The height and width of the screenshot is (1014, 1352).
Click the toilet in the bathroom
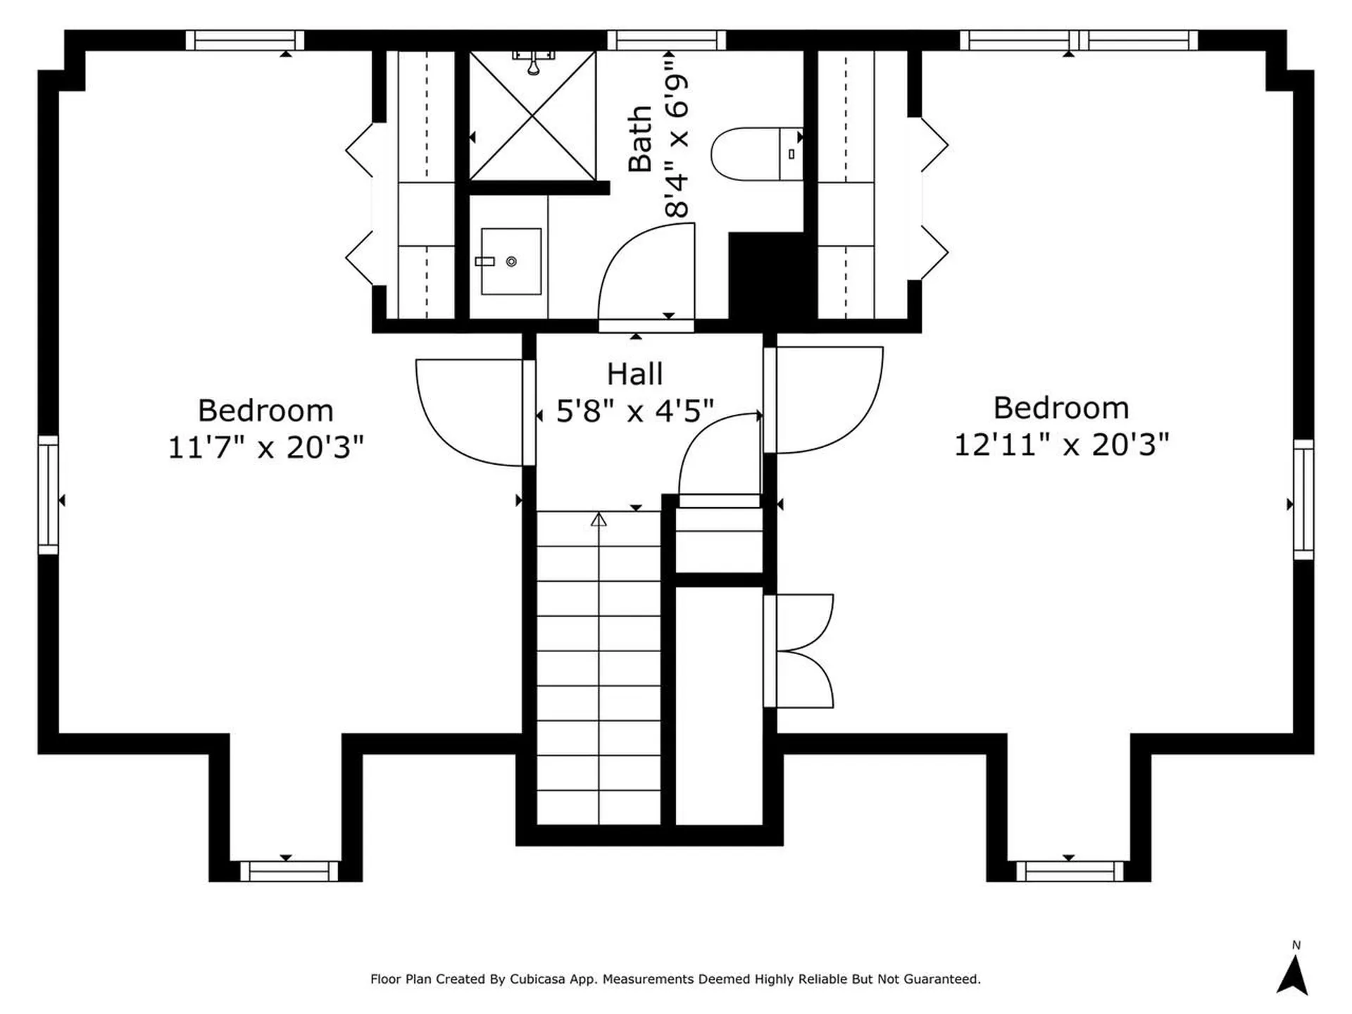tap(756, 154)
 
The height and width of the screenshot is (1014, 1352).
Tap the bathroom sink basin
tap(511, 261)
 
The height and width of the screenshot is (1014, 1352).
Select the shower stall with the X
tap(532, 115)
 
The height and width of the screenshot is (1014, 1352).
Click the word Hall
tap(634, 374)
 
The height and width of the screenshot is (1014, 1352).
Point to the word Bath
tap(639, 139)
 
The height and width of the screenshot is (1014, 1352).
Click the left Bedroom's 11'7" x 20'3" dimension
tap(265, 446)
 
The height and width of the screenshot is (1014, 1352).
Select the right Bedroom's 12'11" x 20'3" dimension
tap(1061, 444)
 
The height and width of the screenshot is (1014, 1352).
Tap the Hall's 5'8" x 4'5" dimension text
tap(634, 410)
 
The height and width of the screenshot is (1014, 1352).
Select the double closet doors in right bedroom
tap(803, 651)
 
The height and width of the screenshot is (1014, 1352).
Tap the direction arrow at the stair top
tap(599, 520)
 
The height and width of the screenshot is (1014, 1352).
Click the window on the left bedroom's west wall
tap(48, 494)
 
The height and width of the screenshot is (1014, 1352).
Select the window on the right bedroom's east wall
tap(1303, 500)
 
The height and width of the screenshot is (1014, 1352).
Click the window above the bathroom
tap(666, 40)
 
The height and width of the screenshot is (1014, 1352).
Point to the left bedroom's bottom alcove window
tap(289, 871)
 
